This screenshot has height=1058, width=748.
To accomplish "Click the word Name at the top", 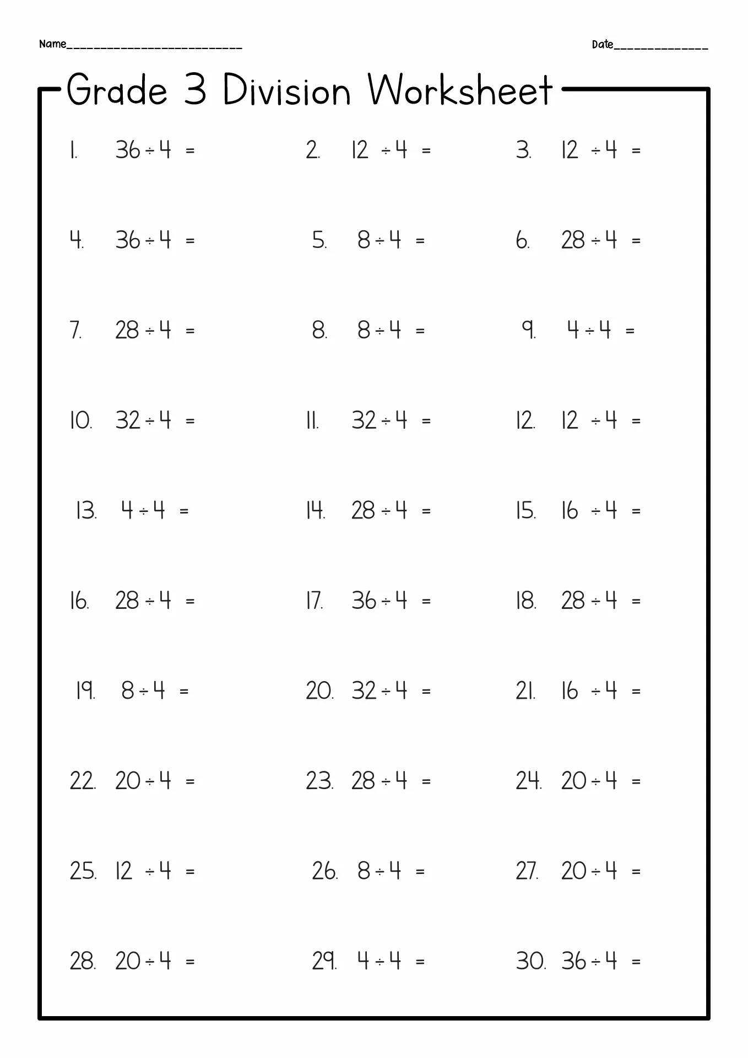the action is pos(52,44).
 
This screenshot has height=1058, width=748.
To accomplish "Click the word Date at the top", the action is pos(602,45).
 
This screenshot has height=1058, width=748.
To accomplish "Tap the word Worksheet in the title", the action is pos(460,90).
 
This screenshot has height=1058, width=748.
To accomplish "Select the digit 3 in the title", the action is pos(195,90).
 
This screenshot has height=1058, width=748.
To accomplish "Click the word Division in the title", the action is pos(286,90).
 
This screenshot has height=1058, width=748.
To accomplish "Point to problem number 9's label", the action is pos(529,330).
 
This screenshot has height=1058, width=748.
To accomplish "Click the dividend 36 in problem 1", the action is pos(128,150).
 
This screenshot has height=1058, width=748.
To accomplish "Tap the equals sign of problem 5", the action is pos(420,241).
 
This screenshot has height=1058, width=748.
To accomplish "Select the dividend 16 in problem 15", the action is pos(570,511).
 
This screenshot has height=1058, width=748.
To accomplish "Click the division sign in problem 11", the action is pos(386,422).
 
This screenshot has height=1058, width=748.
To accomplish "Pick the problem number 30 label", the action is pos(530,962).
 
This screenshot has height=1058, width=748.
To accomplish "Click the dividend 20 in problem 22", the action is pos(128,781).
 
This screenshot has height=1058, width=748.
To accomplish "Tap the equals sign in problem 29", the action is pos(420,962).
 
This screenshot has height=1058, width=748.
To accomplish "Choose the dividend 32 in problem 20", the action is pos(364,691).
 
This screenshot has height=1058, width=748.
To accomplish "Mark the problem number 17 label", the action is pos(315,601).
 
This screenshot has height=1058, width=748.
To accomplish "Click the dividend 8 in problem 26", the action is pos(364,871).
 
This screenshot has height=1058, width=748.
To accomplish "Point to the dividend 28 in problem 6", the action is pos(573,240).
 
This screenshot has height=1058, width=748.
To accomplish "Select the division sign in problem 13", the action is pos(144,512).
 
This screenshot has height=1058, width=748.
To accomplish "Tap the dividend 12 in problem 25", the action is pos(124,871).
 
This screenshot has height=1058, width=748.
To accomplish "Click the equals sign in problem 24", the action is pos(636,781).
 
